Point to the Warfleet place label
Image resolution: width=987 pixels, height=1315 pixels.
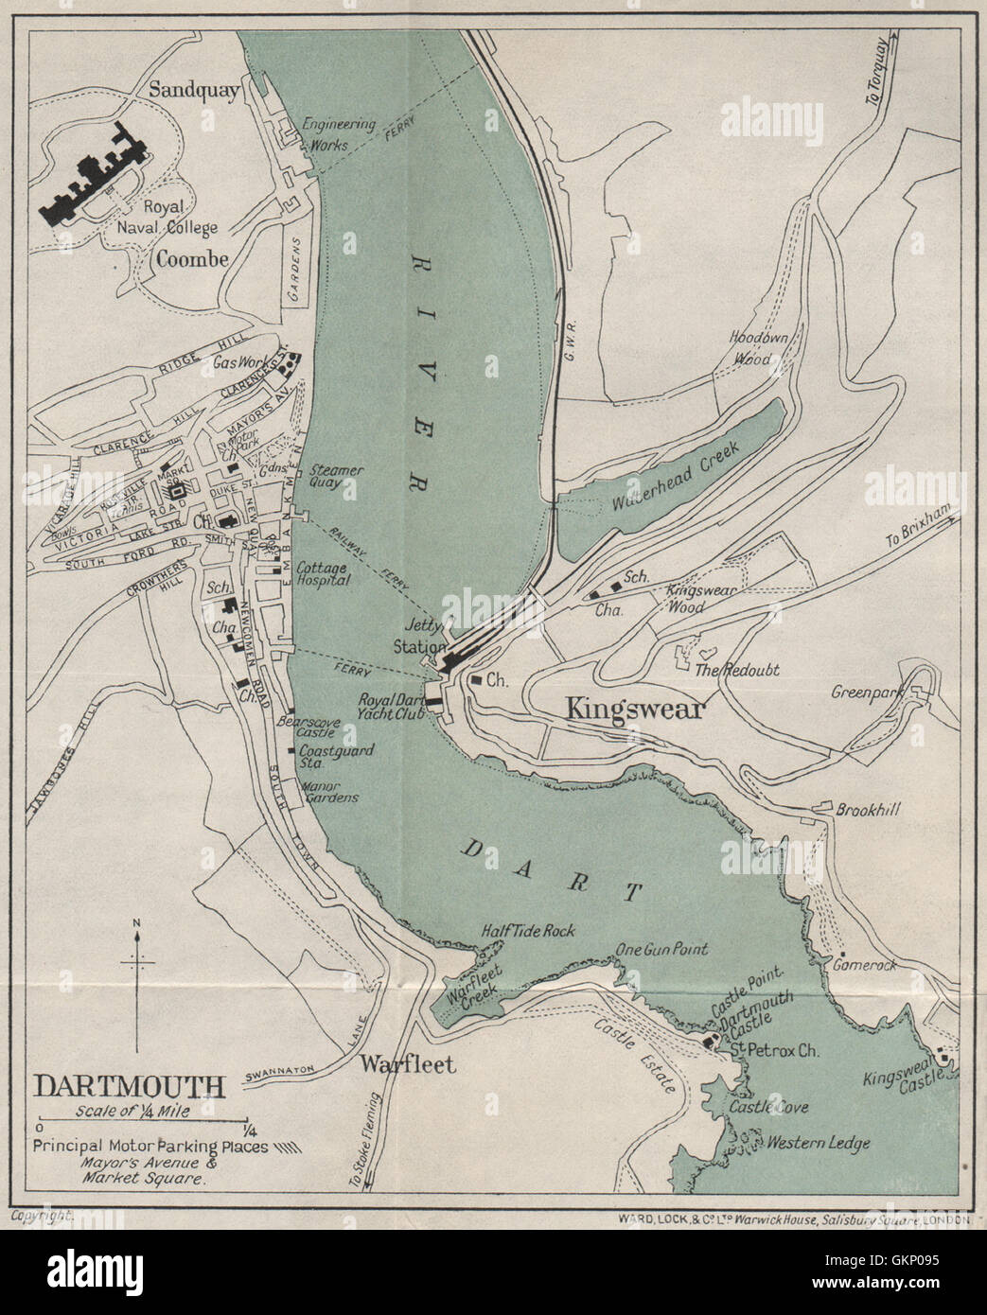(407, 1064)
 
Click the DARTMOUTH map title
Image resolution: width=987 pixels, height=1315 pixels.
(130, 1085)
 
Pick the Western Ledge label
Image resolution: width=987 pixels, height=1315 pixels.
(819, 1143)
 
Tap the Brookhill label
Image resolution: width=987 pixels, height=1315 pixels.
(867, 810)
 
